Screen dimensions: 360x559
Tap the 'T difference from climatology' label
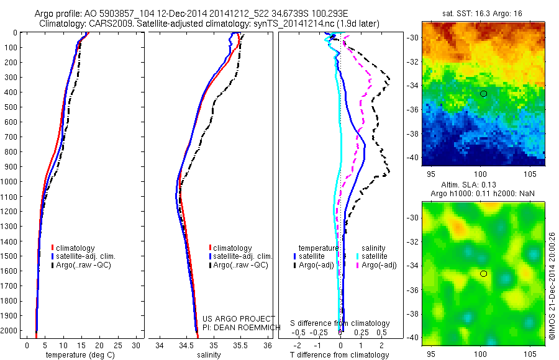tap(340, 355)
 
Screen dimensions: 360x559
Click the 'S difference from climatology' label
tap(340, 323)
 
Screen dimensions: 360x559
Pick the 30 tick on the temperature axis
tap(137, 344)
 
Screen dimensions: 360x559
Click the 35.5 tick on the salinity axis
tap(240, 344)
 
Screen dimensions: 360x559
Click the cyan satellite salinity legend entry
tap(373, 256)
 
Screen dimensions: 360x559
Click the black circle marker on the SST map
tap(483, 93)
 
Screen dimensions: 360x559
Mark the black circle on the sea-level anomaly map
tap(483, 273)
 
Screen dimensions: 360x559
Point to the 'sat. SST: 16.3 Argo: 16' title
tap(483, 12)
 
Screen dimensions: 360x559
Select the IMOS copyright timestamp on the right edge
tap(552, 286)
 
